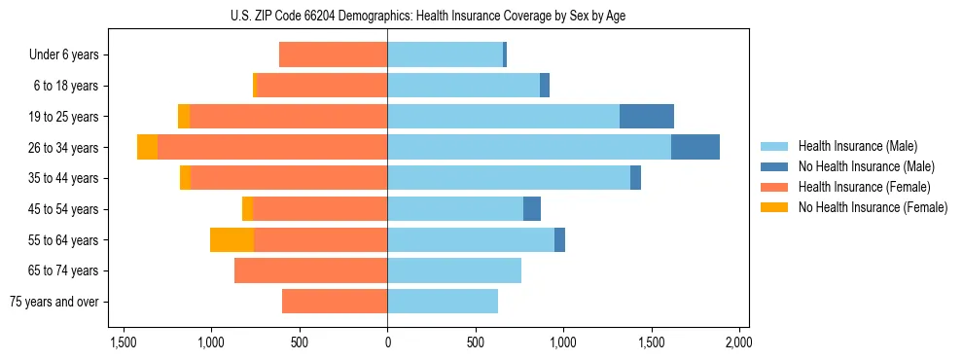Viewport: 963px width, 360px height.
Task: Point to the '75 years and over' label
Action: click(x=54, y=302)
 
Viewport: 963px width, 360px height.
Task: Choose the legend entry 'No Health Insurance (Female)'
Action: click(x=873, y=207)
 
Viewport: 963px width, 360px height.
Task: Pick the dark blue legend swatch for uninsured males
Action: click(x=774, y=167)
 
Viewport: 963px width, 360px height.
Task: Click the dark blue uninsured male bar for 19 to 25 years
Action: click(x=646, y=117)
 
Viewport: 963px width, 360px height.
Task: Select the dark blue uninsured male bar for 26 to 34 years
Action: click(x=695, y=147)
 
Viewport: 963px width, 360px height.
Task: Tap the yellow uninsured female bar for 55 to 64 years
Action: click(x=232, y=240)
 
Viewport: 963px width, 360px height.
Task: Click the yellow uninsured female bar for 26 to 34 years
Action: click(x=147, y=147)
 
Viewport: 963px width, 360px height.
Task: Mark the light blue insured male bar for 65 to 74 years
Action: click(x=454, y=270)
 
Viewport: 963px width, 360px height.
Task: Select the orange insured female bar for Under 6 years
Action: click(x=333, y=55)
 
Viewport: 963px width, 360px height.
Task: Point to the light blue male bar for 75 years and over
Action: click(x=443, y=302)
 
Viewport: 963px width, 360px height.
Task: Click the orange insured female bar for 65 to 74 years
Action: click(x=310, y=270)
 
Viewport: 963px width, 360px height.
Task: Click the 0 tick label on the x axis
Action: click(x=387, y=342)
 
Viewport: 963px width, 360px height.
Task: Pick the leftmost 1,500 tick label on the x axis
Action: click(x=124, y=342)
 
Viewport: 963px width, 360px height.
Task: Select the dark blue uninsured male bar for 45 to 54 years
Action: click(x=531, y=209)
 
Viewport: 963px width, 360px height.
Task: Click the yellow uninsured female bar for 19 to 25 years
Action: click(x=184, y=117)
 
